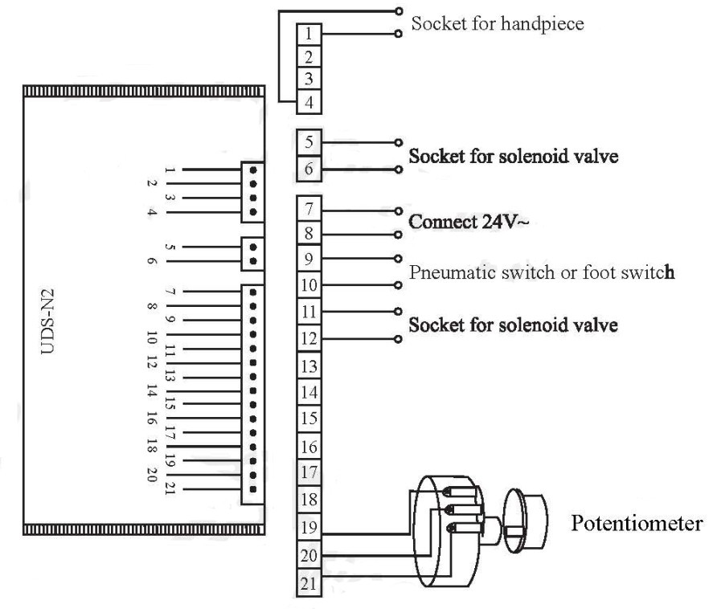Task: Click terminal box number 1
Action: pos(309,35)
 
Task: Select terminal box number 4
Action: pos(309,102)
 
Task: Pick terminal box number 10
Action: pos(309,285)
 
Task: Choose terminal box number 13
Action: pos(309,366)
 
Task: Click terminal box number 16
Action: pos(309,447)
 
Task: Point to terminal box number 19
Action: pos(309,528)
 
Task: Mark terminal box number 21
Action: pos(309,582)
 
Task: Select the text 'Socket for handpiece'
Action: pos(497,23)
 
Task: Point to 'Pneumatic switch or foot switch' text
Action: pos(541,272)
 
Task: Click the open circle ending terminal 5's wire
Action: pos(398,142)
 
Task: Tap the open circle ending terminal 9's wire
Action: pos(398,259)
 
